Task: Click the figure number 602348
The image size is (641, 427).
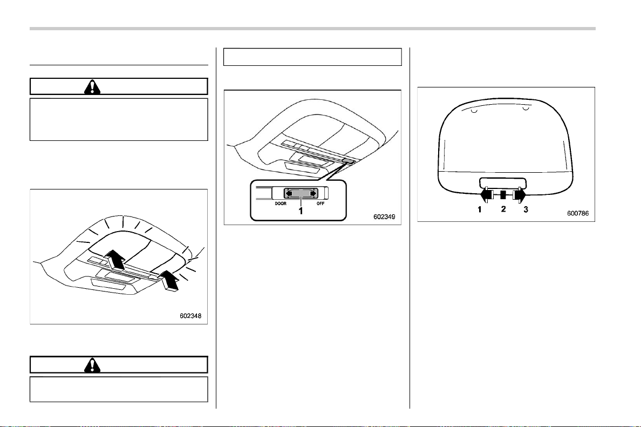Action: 190,316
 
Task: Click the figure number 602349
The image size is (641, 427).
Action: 384,217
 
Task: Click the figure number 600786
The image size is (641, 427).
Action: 578,213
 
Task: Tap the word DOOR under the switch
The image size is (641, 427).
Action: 281,204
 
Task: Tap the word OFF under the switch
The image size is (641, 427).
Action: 320,204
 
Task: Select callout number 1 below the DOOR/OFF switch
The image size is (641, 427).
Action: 301,211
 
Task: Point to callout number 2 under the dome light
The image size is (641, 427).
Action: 503,209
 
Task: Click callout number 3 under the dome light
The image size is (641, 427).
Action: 526,209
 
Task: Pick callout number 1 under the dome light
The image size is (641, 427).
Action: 480,209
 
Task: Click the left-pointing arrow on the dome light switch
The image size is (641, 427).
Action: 486,195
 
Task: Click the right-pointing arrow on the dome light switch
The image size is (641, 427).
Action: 520,195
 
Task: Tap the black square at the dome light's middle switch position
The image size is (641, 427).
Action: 503,195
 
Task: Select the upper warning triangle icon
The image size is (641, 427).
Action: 92,87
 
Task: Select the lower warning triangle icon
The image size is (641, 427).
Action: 92,365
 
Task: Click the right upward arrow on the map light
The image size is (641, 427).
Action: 169,281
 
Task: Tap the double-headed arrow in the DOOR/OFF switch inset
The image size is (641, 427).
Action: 301,193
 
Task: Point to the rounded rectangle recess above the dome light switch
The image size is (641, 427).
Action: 503,183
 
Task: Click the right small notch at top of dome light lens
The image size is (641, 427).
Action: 526,109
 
